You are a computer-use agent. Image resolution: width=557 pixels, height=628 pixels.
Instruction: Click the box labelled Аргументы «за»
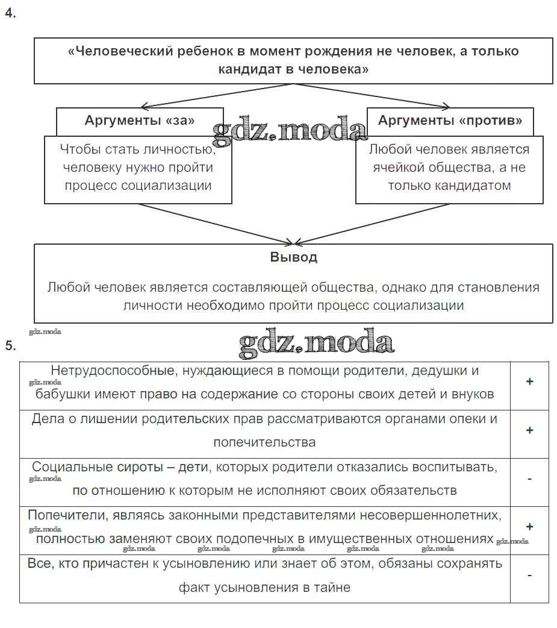(x=140, y=120)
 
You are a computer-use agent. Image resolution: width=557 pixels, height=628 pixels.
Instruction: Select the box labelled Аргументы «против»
(x=450, y=120)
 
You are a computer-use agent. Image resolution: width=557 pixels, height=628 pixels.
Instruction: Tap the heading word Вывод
(x=293, y=257)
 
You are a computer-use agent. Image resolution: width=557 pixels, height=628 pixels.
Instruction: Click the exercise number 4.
(x=10, y=13)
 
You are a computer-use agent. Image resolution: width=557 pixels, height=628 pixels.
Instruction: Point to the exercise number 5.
(x=10, y=345)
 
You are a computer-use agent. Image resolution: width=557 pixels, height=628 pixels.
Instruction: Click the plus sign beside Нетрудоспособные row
(x=529, y=382)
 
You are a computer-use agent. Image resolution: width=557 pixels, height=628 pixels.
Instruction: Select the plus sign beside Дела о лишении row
(x=529, y=430)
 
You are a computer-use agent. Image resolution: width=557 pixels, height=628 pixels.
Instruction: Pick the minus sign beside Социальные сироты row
(x=529, y=479)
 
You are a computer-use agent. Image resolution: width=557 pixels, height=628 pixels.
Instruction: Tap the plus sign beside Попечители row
(x=529, y=526)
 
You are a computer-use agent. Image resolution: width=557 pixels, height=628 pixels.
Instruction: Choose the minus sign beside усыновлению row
(x=529, y=575)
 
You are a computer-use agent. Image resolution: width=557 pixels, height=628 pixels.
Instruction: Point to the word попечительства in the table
(x=264, y=442)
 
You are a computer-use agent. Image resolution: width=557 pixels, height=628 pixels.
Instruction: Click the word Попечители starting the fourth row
(x=65, y=515)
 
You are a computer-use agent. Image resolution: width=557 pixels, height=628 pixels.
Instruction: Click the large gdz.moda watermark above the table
(x=316, y=342)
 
